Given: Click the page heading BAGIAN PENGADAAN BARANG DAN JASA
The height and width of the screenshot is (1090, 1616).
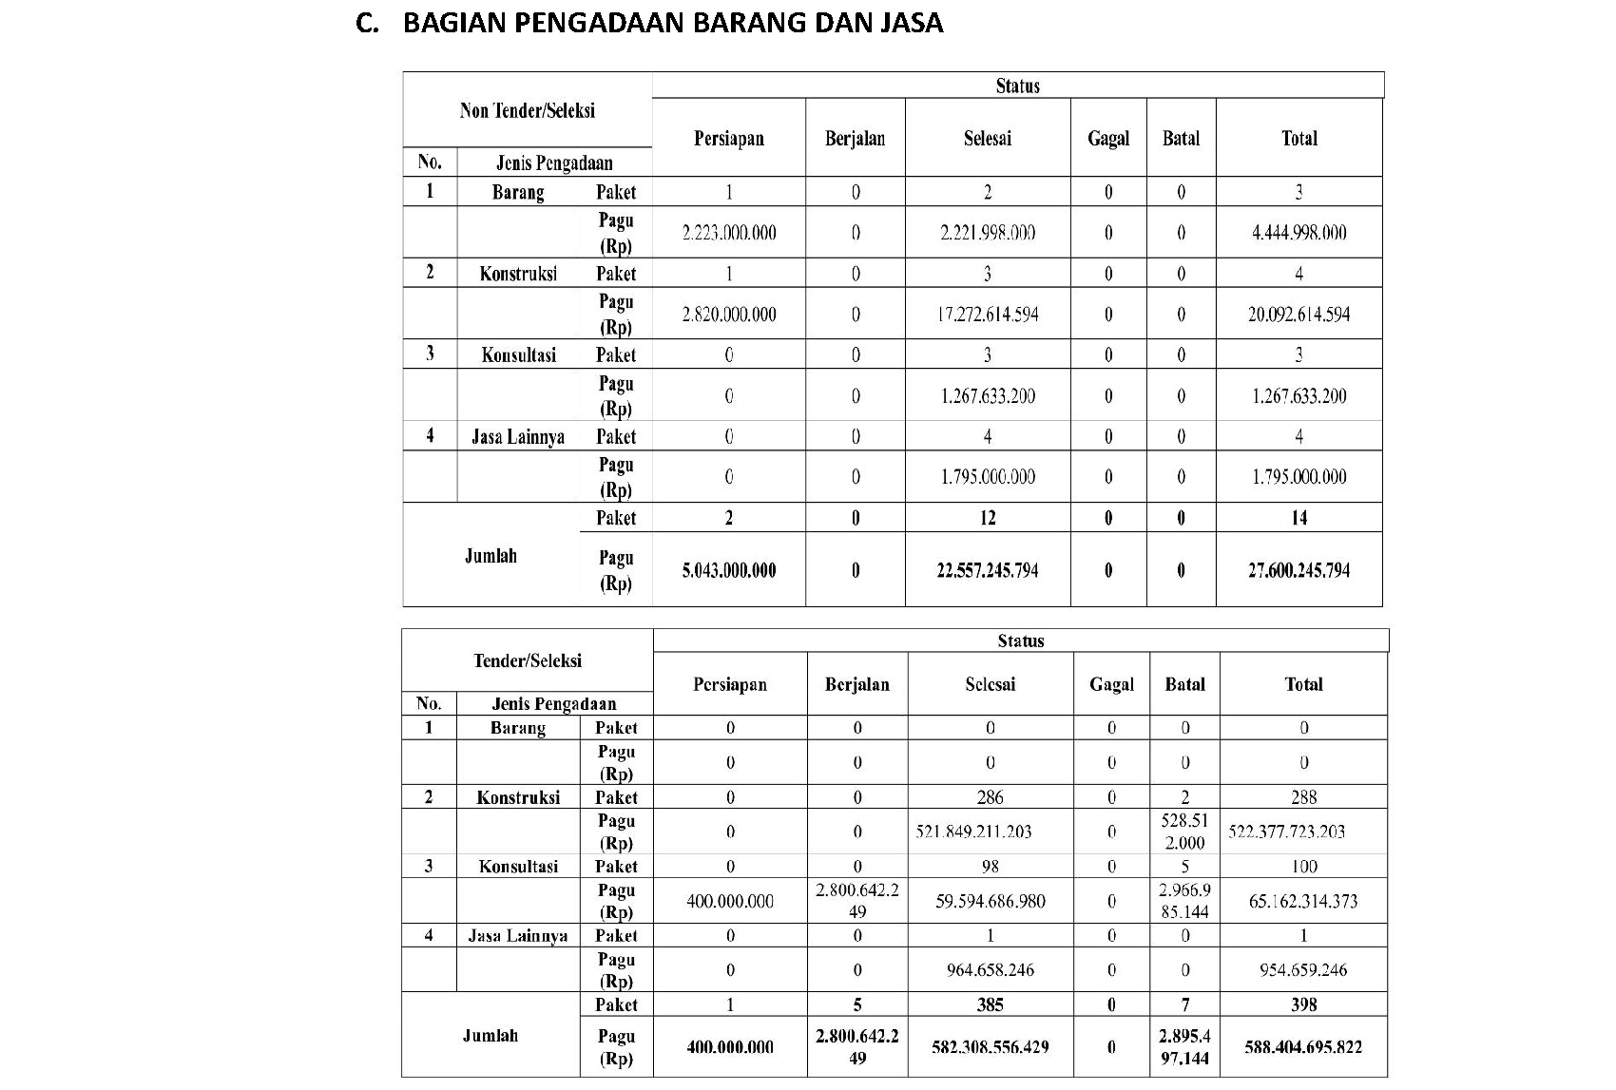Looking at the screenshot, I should click(672, 23).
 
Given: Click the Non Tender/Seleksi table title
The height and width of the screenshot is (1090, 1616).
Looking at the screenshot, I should click(527, 110).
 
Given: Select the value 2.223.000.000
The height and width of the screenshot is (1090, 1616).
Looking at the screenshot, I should click(729, 233).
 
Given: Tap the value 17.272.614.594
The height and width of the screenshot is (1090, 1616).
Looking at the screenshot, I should click(988, 315).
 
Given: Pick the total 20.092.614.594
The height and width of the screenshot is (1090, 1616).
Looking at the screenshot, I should click(1299, 315).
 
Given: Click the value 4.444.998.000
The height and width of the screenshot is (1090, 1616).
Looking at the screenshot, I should click(1299, 233).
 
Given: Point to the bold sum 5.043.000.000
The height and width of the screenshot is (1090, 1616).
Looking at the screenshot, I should click(729, 570).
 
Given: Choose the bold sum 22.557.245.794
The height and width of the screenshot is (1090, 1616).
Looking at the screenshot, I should click(988, 570).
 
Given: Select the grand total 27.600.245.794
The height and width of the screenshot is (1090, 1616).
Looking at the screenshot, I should click(1299, 570).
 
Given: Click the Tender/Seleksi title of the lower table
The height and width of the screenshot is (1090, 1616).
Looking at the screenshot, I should click(528, 660).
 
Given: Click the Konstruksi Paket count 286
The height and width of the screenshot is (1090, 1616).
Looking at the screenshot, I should click(990, 797).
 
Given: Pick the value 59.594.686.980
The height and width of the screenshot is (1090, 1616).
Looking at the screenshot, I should click(990, 901).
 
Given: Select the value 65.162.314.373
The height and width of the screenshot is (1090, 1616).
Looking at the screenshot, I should click(1303, 901).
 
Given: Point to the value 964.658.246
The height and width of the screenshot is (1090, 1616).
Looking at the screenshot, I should click(990, 970).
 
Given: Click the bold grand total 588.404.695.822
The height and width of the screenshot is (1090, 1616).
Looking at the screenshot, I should click(1303, 1047).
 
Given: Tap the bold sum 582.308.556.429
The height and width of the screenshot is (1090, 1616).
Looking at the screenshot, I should click(990, 1047).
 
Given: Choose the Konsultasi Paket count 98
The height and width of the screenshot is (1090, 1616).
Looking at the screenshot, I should click(990, 867).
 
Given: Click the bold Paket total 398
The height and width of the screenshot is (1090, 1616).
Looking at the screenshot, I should click(1303, 1004).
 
